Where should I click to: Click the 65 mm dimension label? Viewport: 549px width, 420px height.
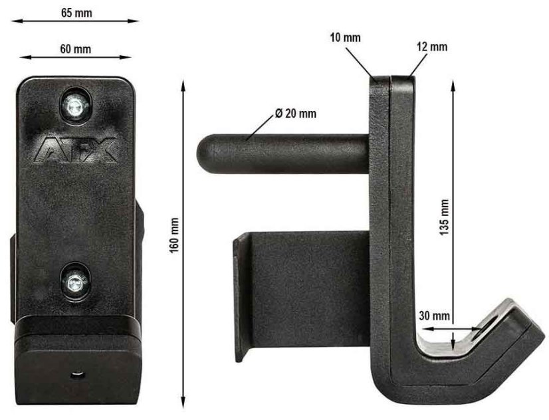pyautogui.click(x=76, y=12)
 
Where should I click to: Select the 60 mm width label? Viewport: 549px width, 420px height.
pyautogui.click(x=76, y=49)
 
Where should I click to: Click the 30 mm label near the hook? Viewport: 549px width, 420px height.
pyautogui.click(x=434, y=314)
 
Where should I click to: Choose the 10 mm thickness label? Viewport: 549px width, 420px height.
pyautogui.click(x=345, y=37)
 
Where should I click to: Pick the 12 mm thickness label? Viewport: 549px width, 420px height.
pyautogui.click(x=433, y=47)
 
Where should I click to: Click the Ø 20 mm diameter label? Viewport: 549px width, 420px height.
pyautogui.click(x=295, y=114)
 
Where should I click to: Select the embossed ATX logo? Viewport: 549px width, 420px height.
pyautogui.click(x=76, y=149)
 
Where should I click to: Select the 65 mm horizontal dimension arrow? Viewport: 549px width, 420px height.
pyautogui.click(x=76, y=21)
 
